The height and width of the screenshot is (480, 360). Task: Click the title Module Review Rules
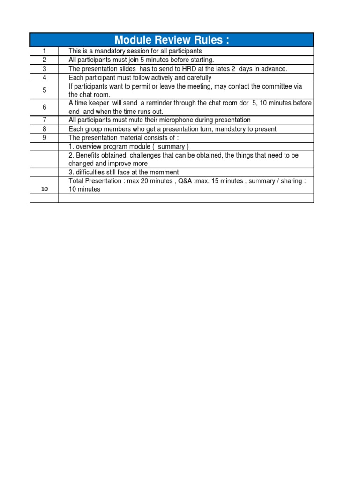(172, 40)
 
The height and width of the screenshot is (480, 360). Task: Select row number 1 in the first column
(44, 51)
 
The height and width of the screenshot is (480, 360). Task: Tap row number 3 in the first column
(44, 69)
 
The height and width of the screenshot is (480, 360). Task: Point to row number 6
(44, 107)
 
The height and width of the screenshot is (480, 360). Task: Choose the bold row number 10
(45, 189)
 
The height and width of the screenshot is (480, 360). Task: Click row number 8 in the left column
(44, 129)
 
